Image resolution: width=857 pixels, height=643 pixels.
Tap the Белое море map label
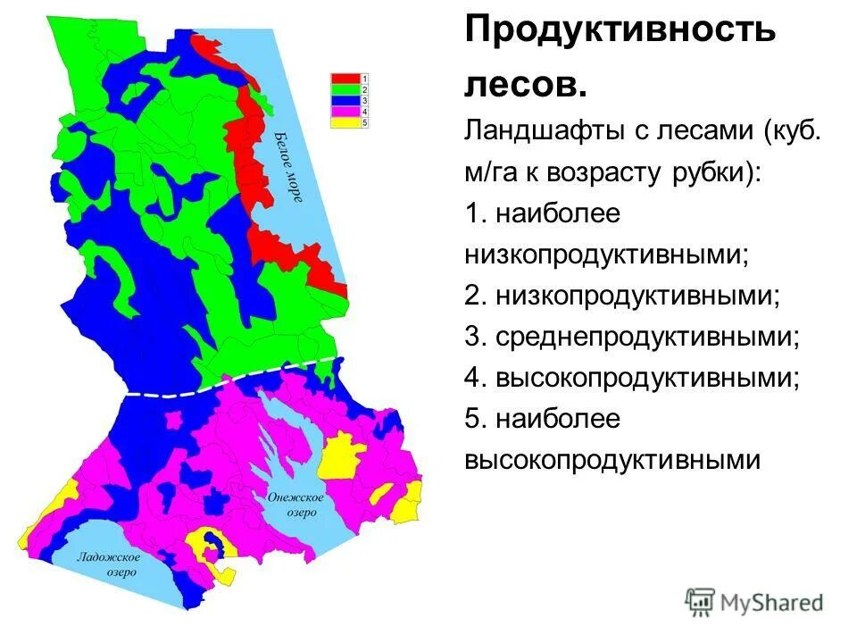pos(288,167)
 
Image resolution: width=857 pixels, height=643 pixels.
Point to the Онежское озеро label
pos(295,505)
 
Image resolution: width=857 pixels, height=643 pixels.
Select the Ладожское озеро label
pos(106,564)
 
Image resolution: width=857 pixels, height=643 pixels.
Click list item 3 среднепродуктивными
pos(632,337)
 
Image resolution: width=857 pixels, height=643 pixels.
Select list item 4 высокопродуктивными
pos(632,378)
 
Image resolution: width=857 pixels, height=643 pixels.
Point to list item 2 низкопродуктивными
pos(622,296)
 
